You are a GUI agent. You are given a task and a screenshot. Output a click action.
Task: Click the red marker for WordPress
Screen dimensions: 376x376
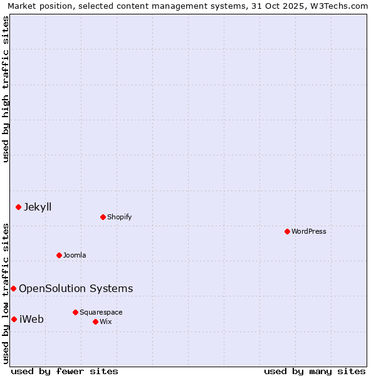pos(287,231)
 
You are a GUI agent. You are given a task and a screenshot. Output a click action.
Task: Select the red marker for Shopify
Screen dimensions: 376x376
pos(103,217)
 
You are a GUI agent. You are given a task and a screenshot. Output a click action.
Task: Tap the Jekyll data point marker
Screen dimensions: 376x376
pos(18,207)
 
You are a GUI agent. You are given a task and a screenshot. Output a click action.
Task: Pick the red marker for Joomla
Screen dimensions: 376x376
pos(59,255)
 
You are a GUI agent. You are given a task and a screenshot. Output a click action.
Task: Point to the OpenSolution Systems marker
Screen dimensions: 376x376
pos(13,288)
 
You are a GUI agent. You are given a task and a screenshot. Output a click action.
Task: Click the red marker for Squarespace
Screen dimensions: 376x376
pos(75,312)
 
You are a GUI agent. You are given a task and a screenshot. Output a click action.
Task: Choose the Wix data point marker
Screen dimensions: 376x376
pos(95,321)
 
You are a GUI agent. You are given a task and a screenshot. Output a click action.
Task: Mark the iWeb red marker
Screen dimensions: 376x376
pos(14,319)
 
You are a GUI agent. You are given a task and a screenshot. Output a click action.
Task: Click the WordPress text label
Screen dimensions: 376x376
pos(309,231)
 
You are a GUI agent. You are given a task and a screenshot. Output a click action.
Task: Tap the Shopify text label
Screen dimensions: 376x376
pos(119,217)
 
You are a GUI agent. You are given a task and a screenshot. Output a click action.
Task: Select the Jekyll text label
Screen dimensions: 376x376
pos(38,207)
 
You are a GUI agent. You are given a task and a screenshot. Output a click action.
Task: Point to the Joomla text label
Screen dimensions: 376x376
pos(75,255)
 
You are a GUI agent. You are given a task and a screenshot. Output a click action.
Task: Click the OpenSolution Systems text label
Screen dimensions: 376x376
pos(76,288)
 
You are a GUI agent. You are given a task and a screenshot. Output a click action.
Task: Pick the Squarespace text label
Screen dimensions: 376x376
pos(101,312)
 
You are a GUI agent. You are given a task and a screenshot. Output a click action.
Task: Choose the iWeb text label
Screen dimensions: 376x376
pos(31,319)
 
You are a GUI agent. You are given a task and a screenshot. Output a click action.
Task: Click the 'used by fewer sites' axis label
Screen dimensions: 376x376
pos(65,371)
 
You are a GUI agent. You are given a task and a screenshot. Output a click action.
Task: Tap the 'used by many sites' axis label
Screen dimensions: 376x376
pos(315,371)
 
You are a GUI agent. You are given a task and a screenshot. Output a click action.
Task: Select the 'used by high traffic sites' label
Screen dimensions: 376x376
pos(6,89)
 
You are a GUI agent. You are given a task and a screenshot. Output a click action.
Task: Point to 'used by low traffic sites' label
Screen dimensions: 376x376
pos(6,293)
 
